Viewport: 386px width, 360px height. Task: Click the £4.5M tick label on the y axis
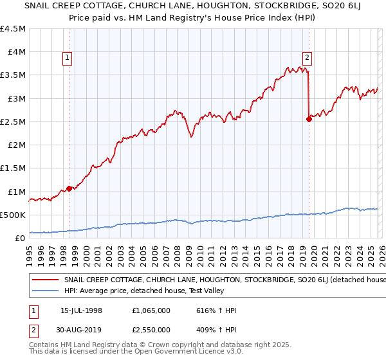(x=14, y=29)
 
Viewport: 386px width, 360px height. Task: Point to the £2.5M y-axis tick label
(x=14, y=122)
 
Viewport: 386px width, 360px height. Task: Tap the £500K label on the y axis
(x=13, y=215)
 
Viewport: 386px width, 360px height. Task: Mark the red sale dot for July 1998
(x=69, y=188)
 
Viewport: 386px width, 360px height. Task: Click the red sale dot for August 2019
(x=309, y=119)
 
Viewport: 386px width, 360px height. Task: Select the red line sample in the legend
(x=46, y=280)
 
